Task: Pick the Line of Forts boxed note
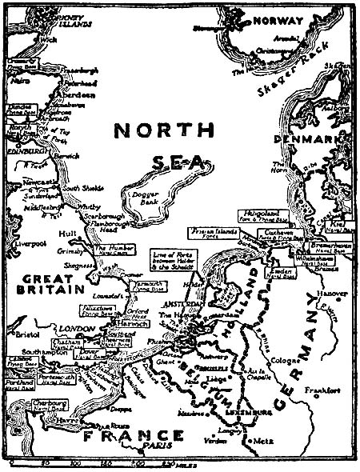[173, 257]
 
